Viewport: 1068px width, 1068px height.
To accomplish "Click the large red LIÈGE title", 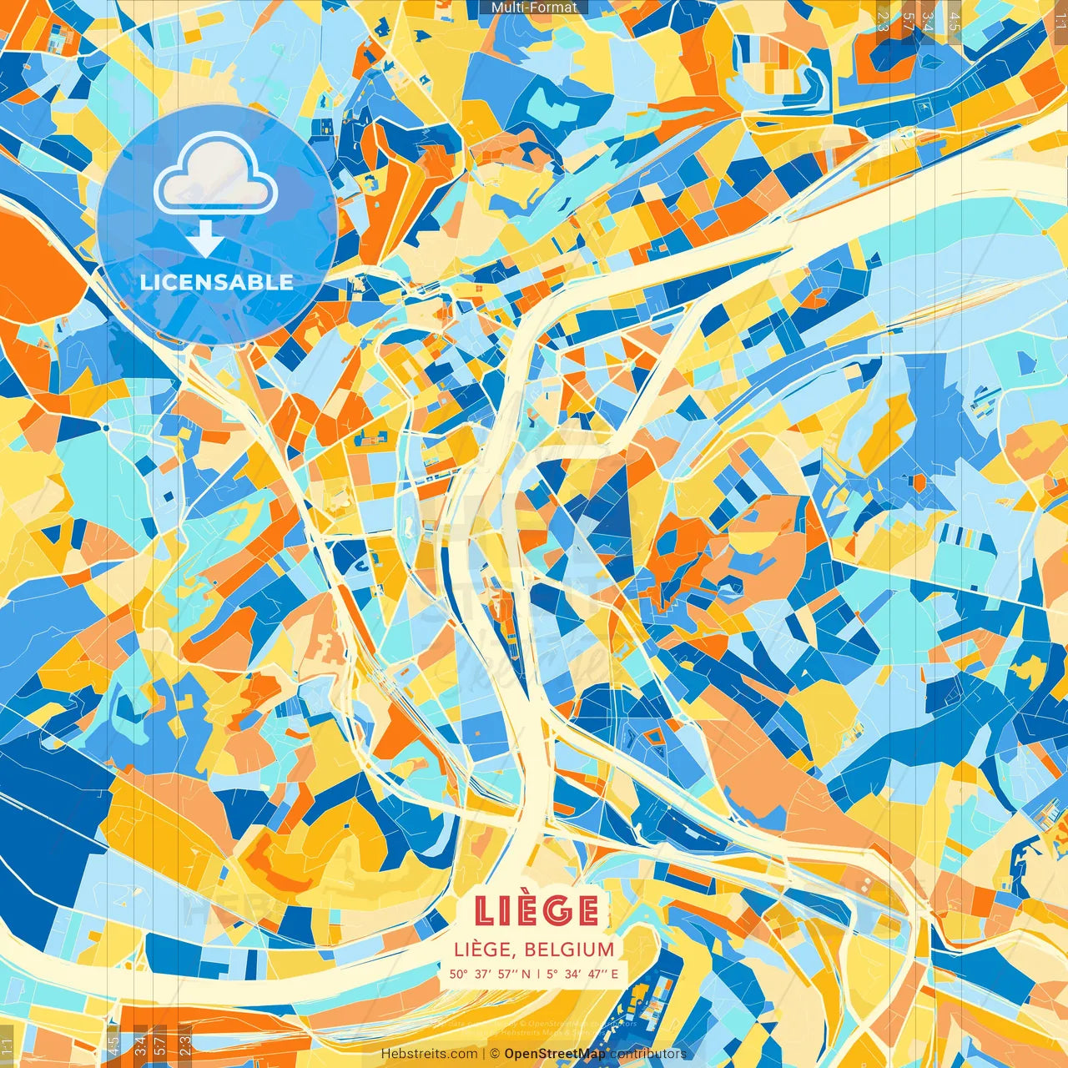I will (537, 910).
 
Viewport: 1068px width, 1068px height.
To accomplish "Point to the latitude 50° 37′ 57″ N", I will (489, 974).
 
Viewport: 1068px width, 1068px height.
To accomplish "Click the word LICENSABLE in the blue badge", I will (217, 282).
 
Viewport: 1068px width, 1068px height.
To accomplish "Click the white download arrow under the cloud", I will (204, 240).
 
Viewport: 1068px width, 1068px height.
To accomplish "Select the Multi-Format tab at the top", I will (534, 8).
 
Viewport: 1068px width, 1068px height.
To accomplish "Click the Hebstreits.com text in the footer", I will (429, 1054).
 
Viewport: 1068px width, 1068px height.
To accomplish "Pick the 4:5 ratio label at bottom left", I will (113, 1044).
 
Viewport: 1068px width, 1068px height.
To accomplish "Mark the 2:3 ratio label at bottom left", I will (185, 1044).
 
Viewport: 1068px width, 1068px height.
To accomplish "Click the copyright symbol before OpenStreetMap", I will (495, 1054).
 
